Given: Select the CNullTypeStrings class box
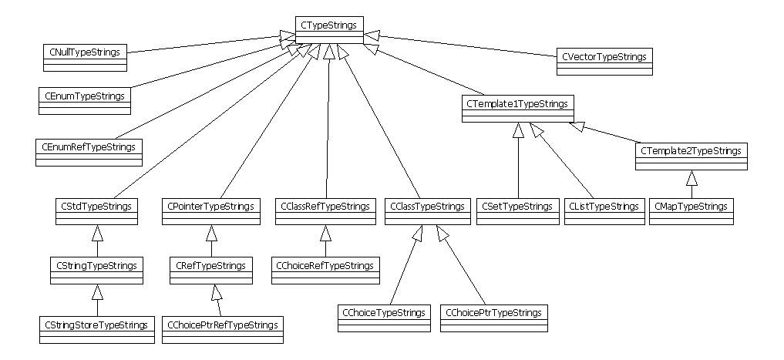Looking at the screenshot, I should pos(85,56).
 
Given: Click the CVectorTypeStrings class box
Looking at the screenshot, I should pos(604,60).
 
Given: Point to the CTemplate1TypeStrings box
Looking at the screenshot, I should pos(518,107).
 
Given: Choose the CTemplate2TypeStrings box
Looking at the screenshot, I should pos(691,156).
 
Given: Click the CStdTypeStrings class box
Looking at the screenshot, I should pos(96,210).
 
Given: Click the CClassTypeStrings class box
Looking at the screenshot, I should pos(427,210).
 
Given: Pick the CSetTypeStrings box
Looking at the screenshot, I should pos(518,210).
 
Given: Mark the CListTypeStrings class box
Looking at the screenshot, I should pos(604,210).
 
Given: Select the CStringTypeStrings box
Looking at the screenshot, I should pos(96,270).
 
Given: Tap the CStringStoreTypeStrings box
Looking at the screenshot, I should pos(96,328).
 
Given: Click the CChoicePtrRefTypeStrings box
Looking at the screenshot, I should pos(221,328).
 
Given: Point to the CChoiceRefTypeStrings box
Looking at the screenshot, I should pos(325,270).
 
